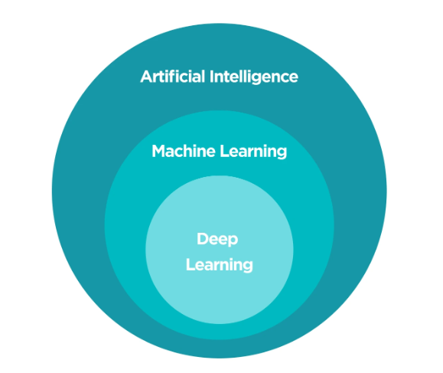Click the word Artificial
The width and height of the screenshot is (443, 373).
[x=173, y=77]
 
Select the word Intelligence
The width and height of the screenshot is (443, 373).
[x=254, y=77]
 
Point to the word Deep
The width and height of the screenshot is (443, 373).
[x=217, y=240]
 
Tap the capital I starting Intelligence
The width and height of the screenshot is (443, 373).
[x=212, y=77]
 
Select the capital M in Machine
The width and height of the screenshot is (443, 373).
[x=158, y=151]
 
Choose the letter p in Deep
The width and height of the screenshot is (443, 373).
[x=233, y=241]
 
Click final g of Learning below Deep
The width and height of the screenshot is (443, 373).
[x=247, y=268]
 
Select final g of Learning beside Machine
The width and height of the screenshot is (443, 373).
[x=282, y=153]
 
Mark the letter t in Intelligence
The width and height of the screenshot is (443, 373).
[x=226, y=77]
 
